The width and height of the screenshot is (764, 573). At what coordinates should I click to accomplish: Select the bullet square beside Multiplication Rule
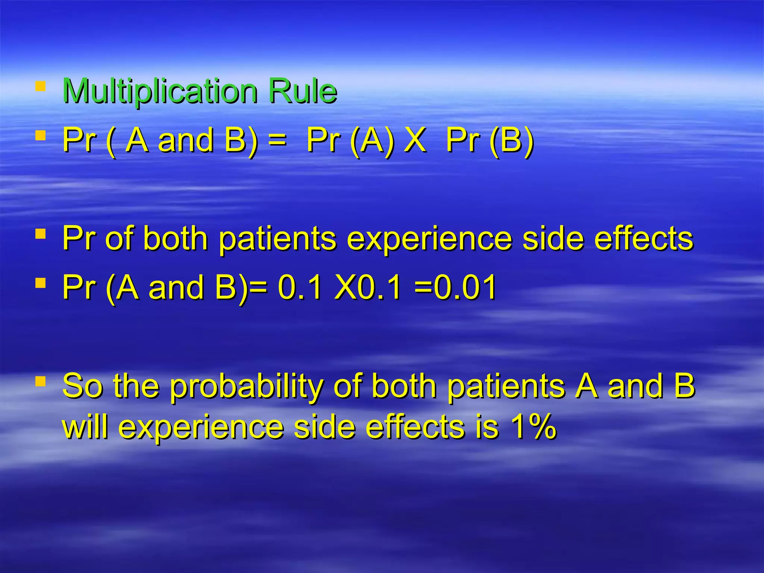[40, 87]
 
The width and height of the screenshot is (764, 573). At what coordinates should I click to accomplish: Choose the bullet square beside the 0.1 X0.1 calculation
[40, 283]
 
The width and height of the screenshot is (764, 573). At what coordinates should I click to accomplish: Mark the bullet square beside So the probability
[40, 382]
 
